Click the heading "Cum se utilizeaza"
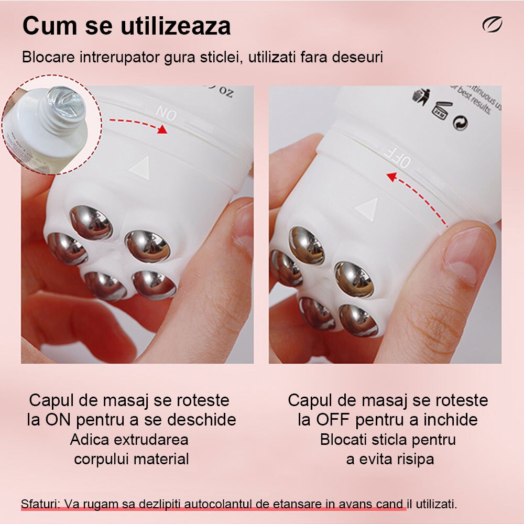click(x=126, y=26)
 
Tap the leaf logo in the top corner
click(x=492, y=25)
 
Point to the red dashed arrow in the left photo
click(x=138, y=124)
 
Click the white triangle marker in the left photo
click(x=140, y=167)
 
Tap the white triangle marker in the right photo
click(x=366, y=208)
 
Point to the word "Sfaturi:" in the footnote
click(x=40, y=504)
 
